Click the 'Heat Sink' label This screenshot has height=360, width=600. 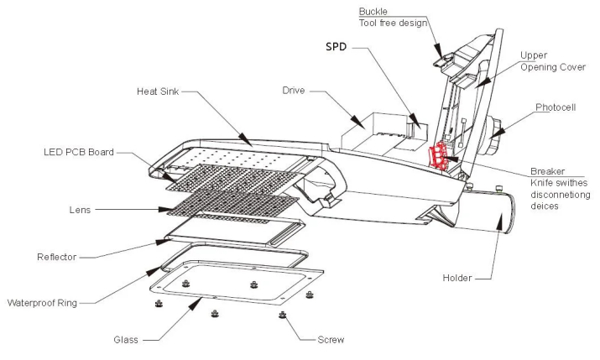(x=156, y=91)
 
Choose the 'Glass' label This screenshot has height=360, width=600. (x=127, y=340)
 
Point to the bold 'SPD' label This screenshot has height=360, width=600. (x=337, y=48)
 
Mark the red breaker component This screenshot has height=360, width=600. (x=437, y=156)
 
